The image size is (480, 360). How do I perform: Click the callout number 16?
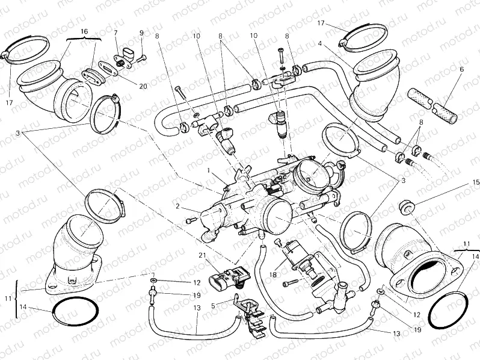coord(84,31)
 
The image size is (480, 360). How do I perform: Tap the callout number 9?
coord(141,33)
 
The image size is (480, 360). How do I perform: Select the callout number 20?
coord(143,86)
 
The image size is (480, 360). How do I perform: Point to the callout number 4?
coord(321,43)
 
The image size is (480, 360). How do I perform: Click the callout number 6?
coord(462,69)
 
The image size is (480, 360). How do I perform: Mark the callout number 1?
coord(208,170)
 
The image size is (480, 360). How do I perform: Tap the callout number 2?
coord(178,206)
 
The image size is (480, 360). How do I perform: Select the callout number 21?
coord(202,255)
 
